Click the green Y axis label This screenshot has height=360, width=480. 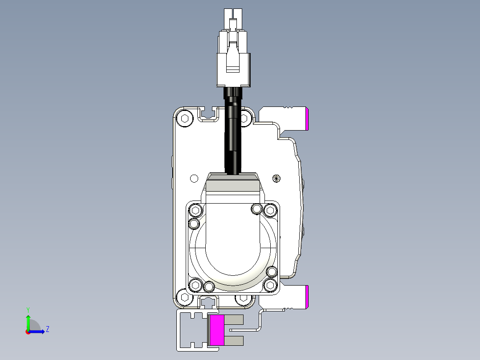click(28, 310)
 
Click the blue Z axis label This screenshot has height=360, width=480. click(48, 329)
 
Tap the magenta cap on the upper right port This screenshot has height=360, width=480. click(307, 119)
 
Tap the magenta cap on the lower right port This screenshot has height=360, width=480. click(307, 297)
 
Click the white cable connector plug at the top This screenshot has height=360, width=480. click(233, 48)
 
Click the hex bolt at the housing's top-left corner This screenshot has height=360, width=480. click(185, 118)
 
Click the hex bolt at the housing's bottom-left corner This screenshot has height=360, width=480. click(185, 297)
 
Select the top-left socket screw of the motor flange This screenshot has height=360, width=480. click(195, 210)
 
